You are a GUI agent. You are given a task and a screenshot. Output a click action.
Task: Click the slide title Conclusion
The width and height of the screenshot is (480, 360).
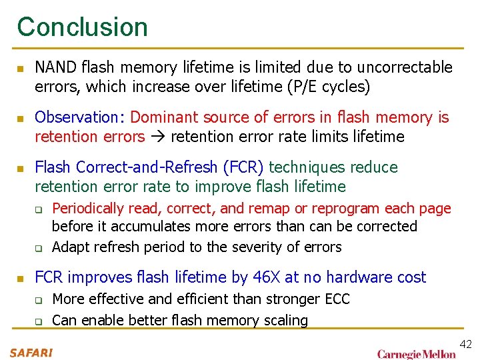83,27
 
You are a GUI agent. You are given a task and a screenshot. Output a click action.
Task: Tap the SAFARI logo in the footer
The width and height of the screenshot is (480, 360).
31,352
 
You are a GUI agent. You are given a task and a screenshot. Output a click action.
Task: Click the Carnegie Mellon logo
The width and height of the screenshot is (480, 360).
416,353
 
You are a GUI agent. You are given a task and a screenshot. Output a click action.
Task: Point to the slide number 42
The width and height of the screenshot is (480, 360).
465,344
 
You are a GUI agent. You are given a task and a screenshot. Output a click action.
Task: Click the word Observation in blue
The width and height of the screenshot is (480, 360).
75,117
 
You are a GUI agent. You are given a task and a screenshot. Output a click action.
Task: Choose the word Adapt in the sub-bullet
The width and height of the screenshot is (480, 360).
70,247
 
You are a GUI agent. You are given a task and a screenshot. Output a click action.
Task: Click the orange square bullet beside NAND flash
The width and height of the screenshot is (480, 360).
21,69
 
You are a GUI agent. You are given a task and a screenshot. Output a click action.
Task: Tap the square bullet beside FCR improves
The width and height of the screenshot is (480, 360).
21,278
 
